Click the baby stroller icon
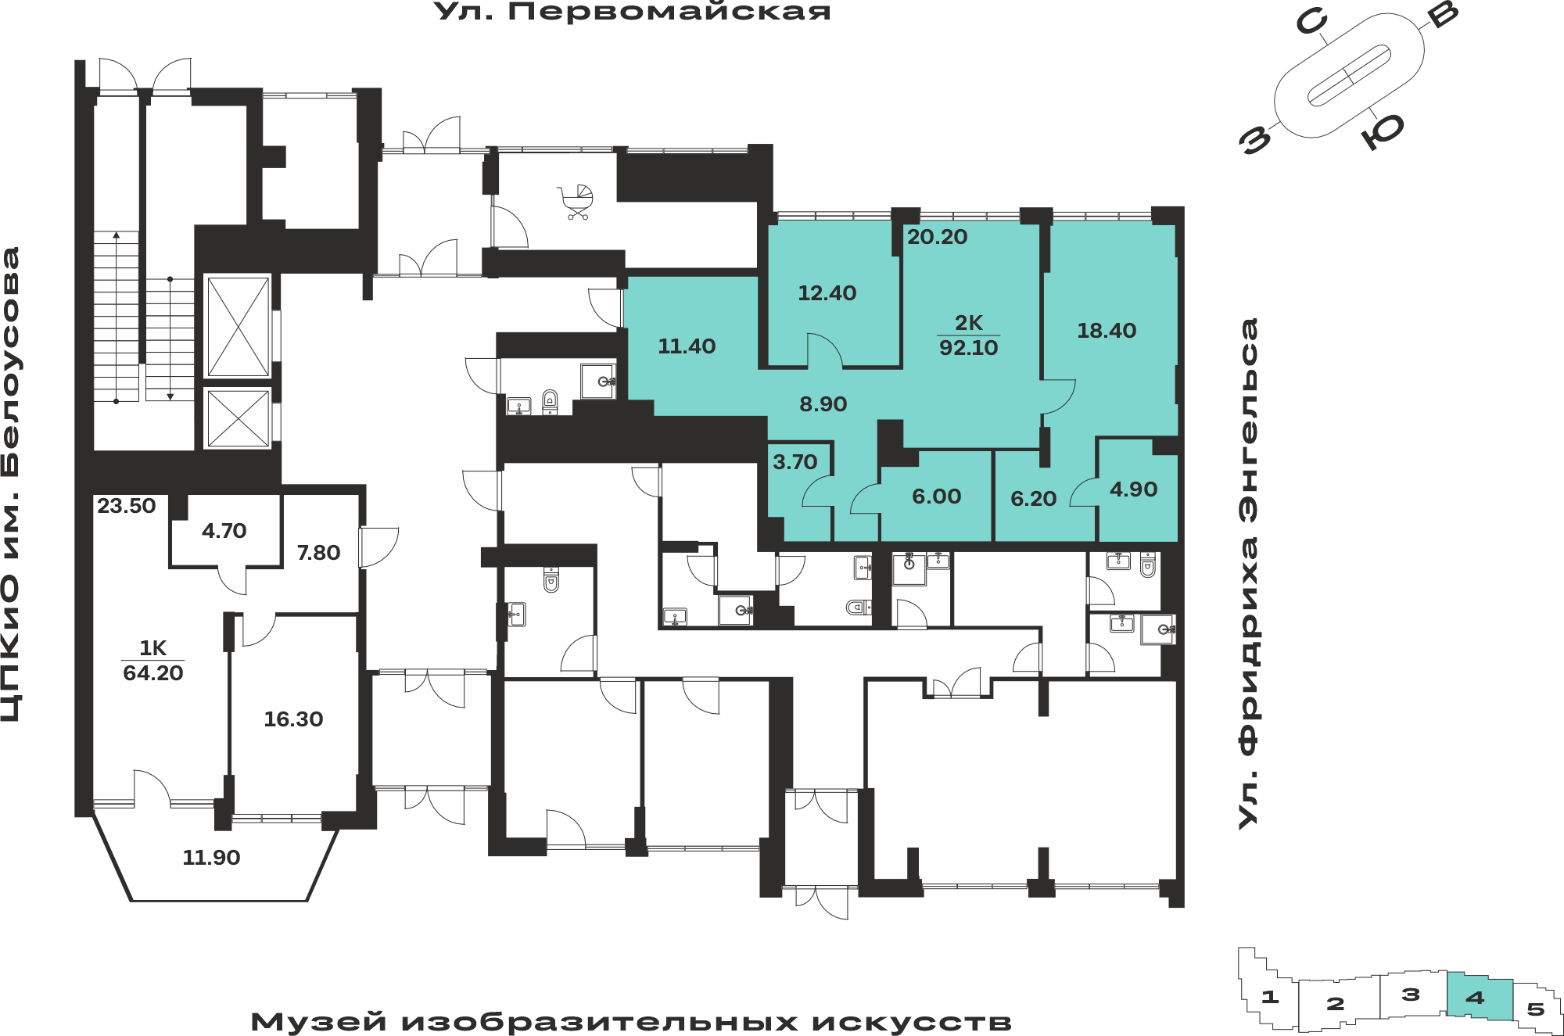click(576, 202)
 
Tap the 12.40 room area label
click(827, 293)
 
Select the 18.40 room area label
click(1107, 331)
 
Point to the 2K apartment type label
click(969, 322)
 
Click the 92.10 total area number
click(969, 348)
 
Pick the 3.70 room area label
click(795, 462)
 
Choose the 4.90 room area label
click(1133, 489)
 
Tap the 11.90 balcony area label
click(211, 858)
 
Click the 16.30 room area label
click(293, 719)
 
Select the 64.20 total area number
click(153, 673)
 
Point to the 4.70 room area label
click(224, 531)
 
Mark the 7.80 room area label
click(318, 553)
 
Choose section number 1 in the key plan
click(1270, 997)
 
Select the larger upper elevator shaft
click(239, 326)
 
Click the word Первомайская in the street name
click(669, 12)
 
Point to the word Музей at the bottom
click(319, 1022)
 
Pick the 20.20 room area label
click(937, 237)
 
